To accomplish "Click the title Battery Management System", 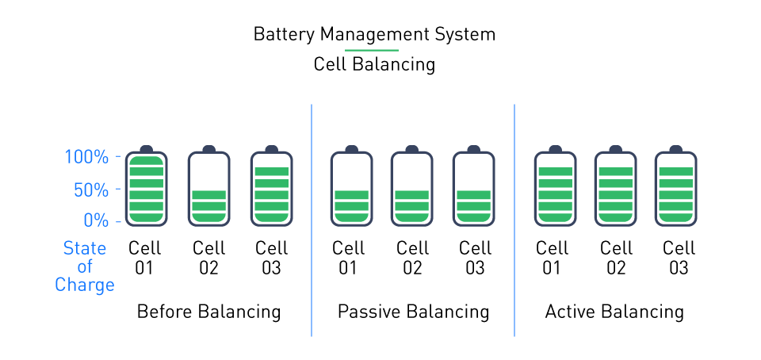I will point(374,35).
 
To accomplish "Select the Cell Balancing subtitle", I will point(374,64).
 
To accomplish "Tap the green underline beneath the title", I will point(377,49).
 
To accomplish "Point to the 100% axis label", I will point(86,157).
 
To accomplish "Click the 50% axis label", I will point(90,190).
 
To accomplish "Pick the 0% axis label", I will point(95,220).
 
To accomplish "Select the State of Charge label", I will point(84,266).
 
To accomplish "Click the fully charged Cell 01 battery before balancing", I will point(146,188).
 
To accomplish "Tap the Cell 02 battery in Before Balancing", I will point(208,188).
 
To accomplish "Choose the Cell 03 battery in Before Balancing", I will point(271,188).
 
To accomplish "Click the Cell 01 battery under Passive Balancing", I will point(350,188).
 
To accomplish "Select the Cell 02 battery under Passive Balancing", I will point(411,188).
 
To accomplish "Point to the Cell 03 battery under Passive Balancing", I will point(473,188).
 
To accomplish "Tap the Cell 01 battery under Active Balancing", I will point(555,188).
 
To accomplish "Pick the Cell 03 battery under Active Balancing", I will point(676,188).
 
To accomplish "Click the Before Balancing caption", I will point(208,312).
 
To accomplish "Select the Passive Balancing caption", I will point(413,312).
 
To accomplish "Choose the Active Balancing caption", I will point(614,312).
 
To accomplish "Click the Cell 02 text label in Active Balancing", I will point(616,258).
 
